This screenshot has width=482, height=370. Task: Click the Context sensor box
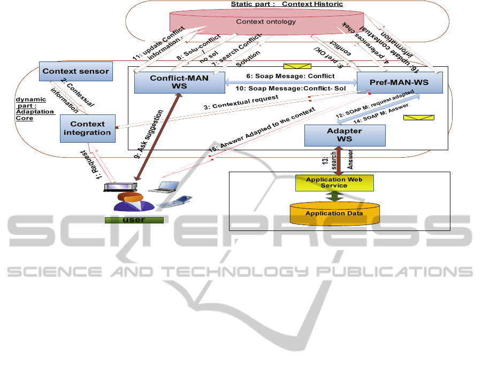point(75,71)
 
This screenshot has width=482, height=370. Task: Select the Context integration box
point(87,128)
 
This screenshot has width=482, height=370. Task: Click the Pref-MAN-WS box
point(400,84)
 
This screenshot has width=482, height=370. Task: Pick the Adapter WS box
point(345,135)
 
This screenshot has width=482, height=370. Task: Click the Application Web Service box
point(334,182)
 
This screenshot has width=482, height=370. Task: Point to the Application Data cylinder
point(334,213)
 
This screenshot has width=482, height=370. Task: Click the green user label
point(134,220)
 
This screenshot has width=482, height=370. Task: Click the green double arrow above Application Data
point(334,196)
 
